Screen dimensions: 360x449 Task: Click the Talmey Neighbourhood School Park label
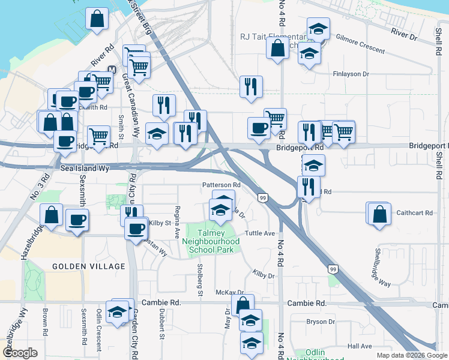click(214, 241)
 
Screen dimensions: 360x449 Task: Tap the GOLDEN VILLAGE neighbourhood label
click(88, 266)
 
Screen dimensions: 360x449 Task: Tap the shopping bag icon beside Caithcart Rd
click(379, 214)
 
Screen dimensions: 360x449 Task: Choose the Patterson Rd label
click(221, 185)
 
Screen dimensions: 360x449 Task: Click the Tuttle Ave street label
click(260, 233)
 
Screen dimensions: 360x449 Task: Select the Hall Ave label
click(360, 346)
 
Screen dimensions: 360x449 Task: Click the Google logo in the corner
click(19, 353)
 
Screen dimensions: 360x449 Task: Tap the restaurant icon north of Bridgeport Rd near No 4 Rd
click(250, 86)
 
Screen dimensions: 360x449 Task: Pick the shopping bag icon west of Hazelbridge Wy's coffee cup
click(52, 215)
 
